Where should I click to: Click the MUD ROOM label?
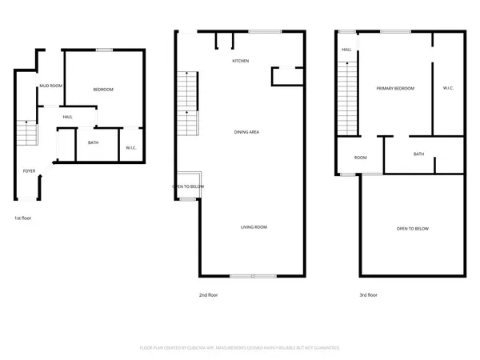[x=51, y=85]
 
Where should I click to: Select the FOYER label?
[x=29, y=170]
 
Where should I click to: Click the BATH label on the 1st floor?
[x=93, y=144]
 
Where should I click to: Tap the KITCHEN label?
[x=241, y=62]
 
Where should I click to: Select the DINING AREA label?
[x=246, y=132]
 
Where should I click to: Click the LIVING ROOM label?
[x=254, y=227]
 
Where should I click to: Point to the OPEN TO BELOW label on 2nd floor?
[x=189, y=186]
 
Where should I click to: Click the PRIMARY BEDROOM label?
[x=396, y=88]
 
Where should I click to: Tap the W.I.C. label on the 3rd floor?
[x=448, y=88]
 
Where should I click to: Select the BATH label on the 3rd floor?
[x=418, y=154]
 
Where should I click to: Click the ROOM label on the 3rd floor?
[x=360, y=158]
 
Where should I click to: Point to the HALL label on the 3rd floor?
[x=346, y=50]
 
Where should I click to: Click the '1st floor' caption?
[x=23, y=218]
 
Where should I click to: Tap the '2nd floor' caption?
[x=208, y=295]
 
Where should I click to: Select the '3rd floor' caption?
[x=368, y=295]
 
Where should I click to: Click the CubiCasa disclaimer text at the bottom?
[x=240, y=348]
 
